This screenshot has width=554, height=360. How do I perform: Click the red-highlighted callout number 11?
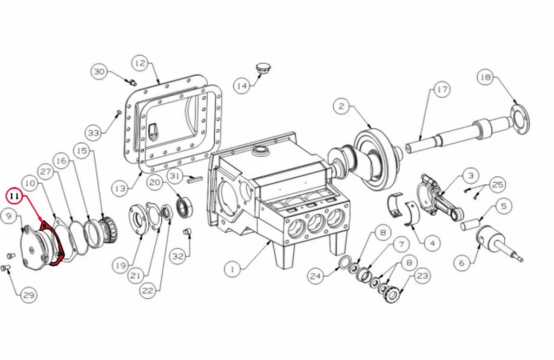(x=15, y=196)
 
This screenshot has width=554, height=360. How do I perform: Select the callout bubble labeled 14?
(x=242, y=86)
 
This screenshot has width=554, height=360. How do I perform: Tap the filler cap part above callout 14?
(x=262, y=68)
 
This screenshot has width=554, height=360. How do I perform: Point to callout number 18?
(x=486, y=77)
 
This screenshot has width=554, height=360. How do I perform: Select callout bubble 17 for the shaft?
(x=442, y=90)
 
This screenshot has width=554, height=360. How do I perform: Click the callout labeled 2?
(x=341, y=106)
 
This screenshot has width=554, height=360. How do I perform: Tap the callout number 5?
(x=504, y=205)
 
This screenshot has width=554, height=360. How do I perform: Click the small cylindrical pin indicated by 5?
(x=470, y=225)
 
